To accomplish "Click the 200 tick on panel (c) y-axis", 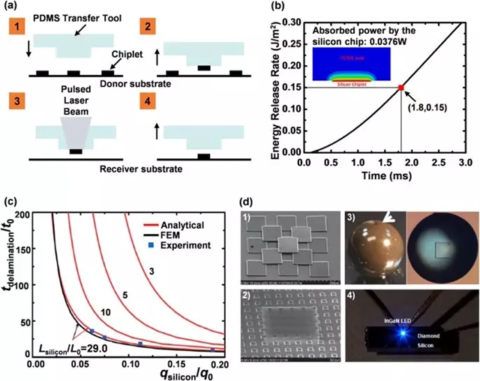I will point(25,214).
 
